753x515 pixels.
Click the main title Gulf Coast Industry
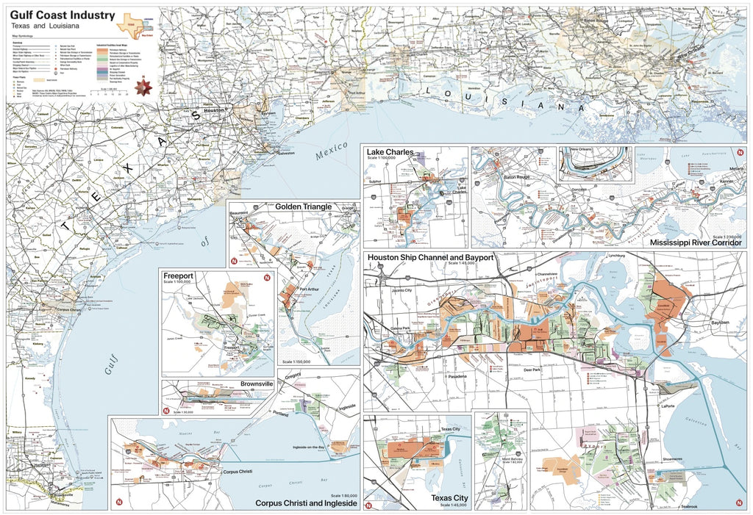coord(63,15)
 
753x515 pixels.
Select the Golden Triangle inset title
coord(303,207)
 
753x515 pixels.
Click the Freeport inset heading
coord(179,276)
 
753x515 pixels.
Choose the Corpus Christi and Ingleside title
coord(306,503)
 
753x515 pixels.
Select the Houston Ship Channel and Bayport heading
coord(430,258)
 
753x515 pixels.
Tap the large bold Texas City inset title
coord(450,497)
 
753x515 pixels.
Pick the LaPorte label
coord(668,405)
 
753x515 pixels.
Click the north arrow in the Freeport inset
coord(268,278)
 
